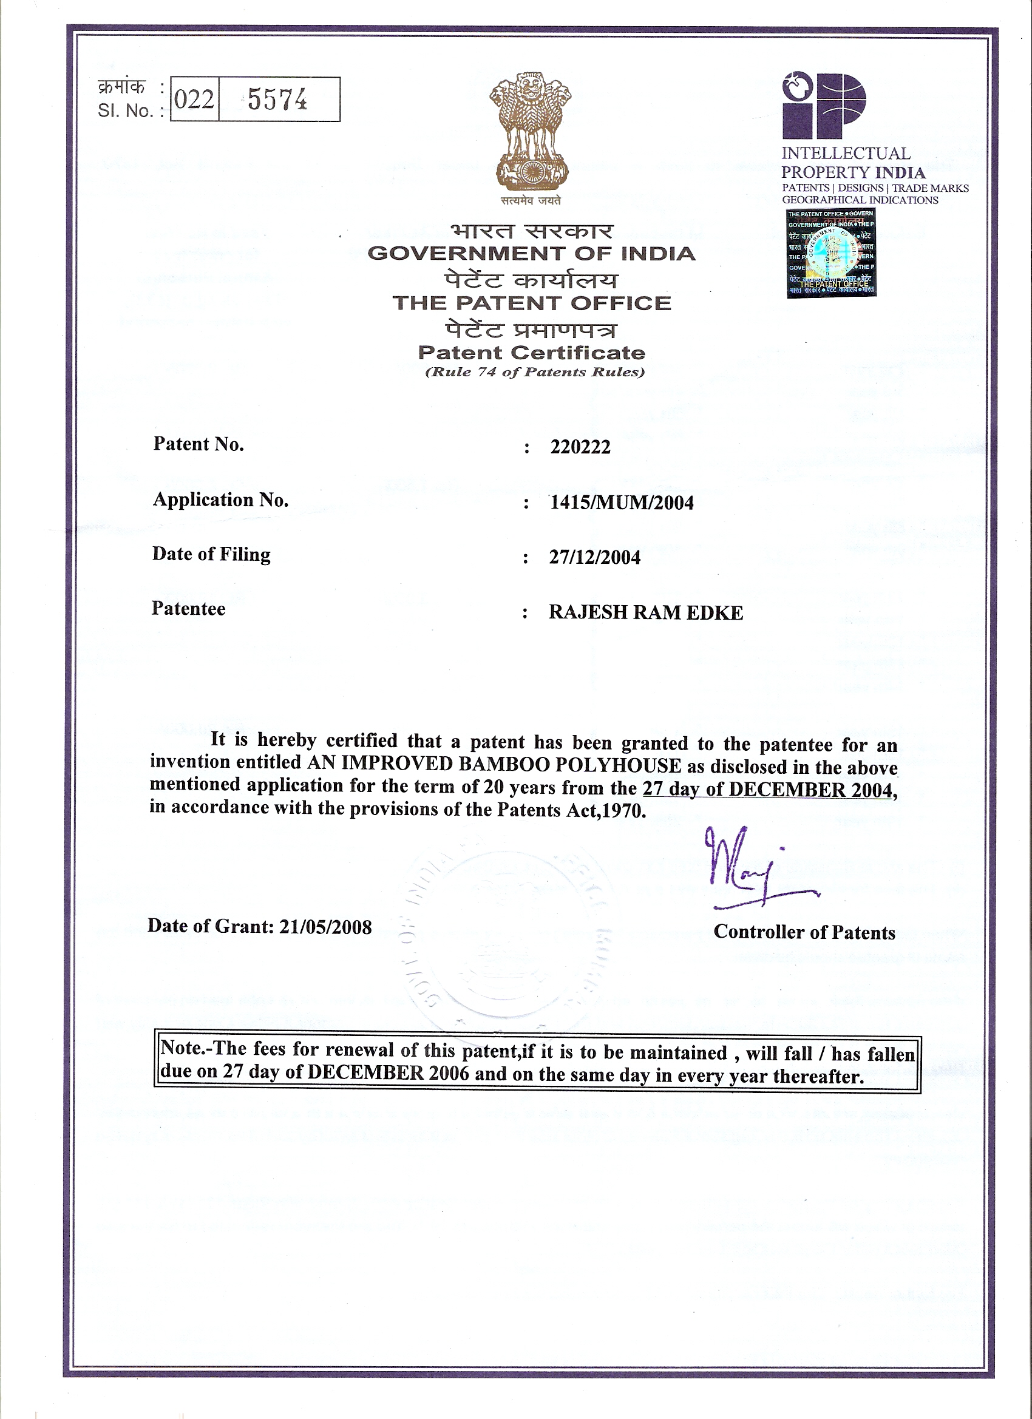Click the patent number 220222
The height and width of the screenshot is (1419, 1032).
[x=580, y=447]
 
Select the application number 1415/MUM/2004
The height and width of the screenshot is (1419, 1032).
[x=622, y=503]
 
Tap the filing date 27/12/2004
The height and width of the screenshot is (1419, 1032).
[x=594, y=557]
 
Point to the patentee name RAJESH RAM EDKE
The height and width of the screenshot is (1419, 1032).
[x=646, y=612]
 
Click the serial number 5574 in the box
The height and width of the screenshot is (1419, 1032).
[x=277, y=99]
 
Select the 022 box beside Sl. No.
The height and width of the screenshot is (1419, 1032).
[x=194, y=99]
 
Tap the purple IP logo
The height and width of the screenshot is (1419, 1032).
[x=824, y=105]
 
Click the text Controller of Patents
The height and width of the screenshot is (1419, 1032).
[x=804, y=932]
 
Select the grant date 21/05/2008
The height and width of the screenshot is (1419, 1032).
[x=325, y=926]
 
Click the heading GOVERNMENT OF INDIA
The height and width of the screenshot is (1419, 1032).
[x=531, y=254]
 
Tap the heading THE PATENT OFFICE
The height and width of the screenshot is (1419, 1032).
[x=531, y=303]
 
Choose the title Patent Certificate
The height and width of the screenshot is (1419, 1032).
[x=531, y=352]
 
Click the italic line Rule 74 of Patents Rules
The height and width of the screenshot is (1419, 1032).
[x=534, y=372]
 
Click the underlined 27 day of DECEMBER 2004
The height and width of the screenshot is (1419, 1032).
[x=767, y=789]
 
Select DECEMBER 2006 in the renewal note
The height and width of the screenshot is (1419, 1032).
[x=388, y=1073]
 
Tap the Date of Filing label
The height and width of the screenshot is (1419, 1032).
[x=211, y=554]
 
